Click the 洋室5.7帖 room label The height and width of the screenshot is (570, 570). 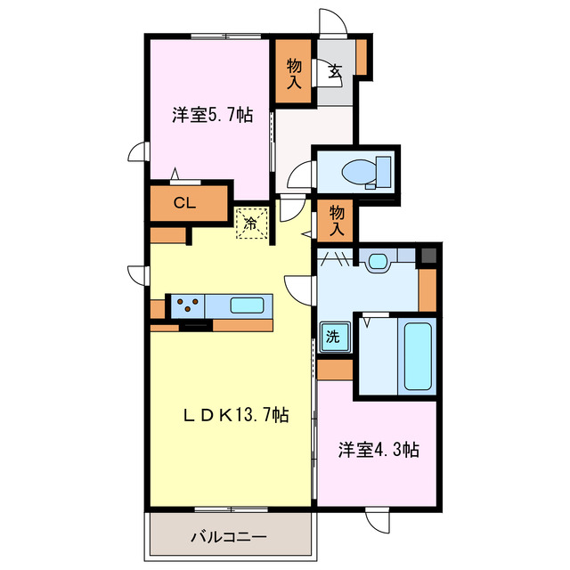click(x=211, y=115)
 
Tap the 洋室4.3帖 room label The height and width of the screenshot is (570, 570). click(x=378, y=451)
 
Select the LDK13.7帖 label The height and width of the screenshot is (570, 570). click(x=236, y=415)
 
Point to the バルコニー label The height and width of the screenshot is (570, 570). click(x=229, y=537)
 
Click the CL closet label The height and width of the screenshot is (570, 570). click(x=184, y=202)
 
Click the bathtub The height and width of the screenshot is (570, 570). click(x=418, y=354)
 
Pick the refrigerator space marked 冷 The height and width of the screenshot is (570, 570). click(x=251, y=224)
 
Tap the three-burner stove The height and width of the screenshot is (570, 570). click(x=186, y=305)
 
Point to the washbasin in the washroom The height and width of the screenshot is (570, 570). click(x=378, y=262)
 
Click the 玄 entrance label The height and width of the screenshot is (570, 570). click(x=335, y=72)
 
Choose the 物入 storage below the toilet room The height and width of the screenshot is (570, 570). click(x=337, y=220)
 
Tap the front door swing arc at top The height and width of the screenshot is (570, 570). click(x=331, y=22)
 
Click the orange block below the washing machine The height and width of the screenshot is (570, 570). click(x=335, y=369)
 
